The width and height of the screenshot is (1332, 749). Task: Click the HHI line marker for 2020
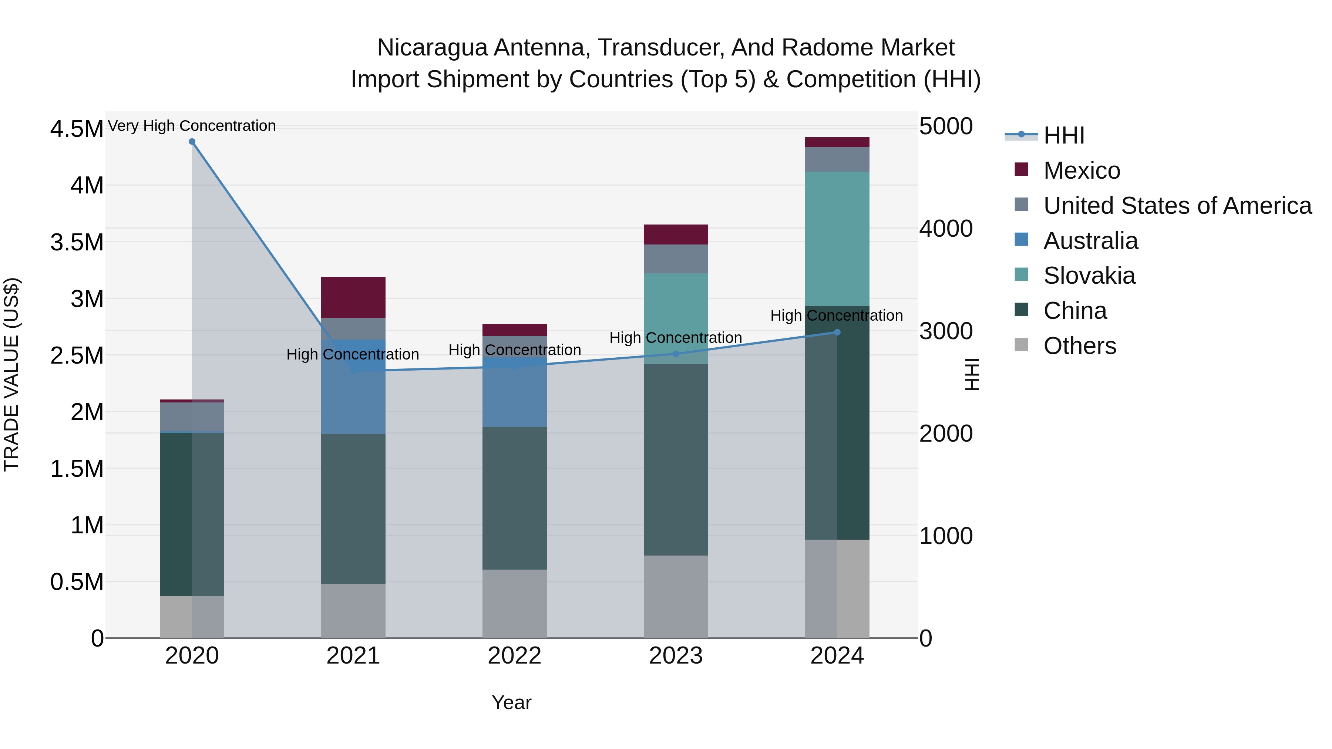192,142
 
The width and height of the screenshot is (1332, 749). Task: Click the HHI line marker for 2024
837,333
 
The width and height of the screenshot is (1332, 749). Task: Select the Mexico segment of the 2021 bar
353,297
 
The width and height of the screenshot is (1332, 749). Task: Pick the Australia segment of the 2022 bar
515,393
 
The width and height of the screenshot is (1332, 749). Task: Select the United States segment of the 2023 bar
676,259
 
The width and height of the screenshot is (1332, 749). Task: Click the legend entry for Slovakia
1089,276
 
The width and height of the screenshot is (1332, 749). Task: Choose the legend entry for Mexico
1081,171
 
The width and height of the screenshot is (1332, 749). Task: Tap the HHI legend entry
1063,135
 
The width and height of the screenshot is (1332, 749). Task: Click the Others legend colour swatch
1021,345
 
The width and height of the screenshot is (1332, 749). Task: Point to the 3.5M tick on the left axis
77,242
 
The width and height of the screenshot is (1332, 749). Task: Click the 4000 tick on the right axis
946,229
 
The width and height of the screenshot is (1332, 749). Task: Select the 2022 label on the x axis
515,656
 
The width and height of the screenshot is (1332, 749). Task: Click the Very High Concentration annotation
192,126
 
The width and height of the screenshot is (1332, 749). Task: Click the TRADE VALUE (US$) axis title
11,374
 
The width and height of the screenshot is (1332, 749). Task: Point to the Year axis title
511,702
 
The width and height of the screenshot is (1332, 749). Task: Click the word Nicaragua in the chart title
432,48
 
